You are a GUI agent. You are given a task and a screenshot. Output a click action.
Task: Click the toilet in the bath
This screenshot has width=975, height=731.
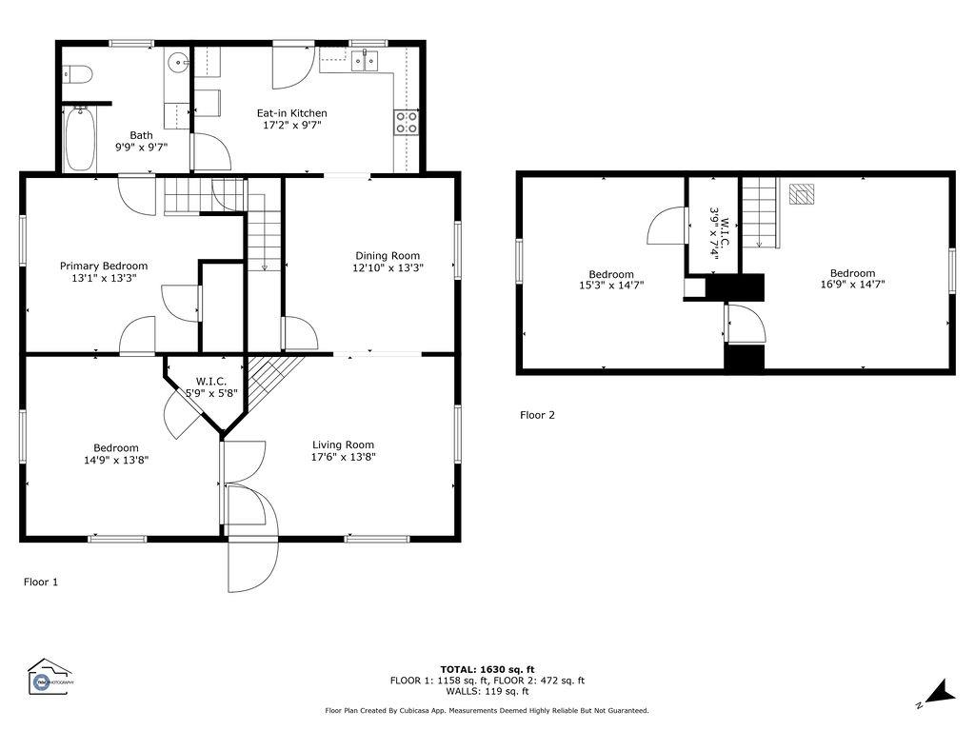pos(78,74)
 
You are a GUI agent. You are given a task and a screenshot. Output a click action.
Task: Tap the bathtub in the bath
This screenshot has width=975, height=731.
pos(80,139)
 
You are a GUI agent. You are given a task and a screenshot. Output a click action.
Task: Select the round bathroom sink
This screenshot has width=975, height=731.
pos(178,62)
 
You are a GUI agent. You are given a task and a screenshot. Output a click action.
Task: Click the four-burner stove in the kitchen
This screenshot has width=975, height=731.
pos(407,122)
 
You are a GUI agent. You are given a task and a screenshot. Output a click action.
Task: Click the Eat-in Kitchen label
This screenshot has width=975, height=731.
pos(291,113)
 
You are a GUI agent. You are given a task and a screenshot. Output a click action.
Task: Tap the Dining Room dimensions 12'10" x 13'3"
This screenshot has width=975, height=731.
pos(388,267)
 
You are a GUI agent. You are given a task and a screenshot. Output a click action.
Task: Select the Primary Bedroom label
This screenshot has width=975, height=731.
pos(104,267)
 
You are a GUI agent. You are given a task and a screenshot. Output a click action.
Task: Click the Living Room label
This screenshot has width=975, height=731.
pos(343,445)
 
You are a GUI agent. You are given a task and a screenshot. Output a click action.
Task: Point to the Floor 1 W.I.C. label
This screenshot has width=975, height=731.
pos(211,381)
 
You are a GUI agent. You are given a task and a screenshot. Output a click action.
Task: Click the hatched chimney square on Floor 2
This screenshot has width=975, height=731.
pos(802,194)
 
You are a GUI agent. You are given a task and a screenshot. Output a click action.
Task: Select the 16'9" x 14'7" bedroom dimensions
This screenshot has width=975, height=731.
pos(852,285)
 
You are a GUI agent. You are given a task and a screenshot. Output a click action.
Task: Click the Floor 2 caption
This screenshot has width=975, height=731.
pos(537,415)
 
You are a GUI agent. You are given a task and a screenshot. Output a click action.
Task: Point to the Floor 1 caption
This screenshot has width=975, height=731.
pos(41,582)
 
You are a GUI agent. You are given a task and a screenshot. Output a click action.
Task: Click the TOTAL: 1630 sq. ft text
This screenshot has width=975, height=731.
pos(487,669)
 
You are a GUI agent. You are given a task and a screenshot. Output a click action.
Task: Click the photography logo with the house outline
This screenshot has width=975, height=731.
pos(50,677)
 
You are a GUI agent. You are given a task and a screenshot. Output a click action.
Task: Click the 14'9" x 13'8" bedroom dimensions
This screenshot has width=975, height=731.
pos(116,460)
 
